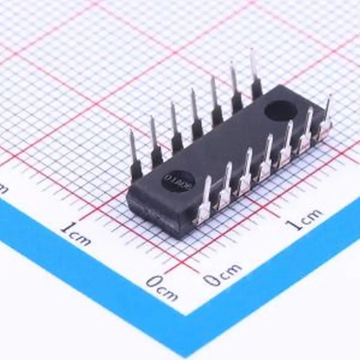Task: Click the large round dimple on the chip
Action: click(x=281, y=111)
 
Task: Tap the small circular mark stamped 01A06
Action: click(x=178, y=181)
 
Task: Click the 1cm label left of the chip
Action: click(x=76, y=234)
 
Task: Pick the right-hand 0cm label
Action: click(x=222, y=275)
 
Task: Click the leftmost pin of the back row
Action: click(x=135, y=156)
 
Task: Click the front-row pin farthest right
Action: click(x=326, y=118)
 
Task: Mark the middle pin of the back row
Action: click(x=196, y=116)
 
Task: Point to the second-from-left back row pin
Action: click(x=156, y=142)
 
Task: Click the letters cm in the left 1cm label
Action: click(x=81, y=238)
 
